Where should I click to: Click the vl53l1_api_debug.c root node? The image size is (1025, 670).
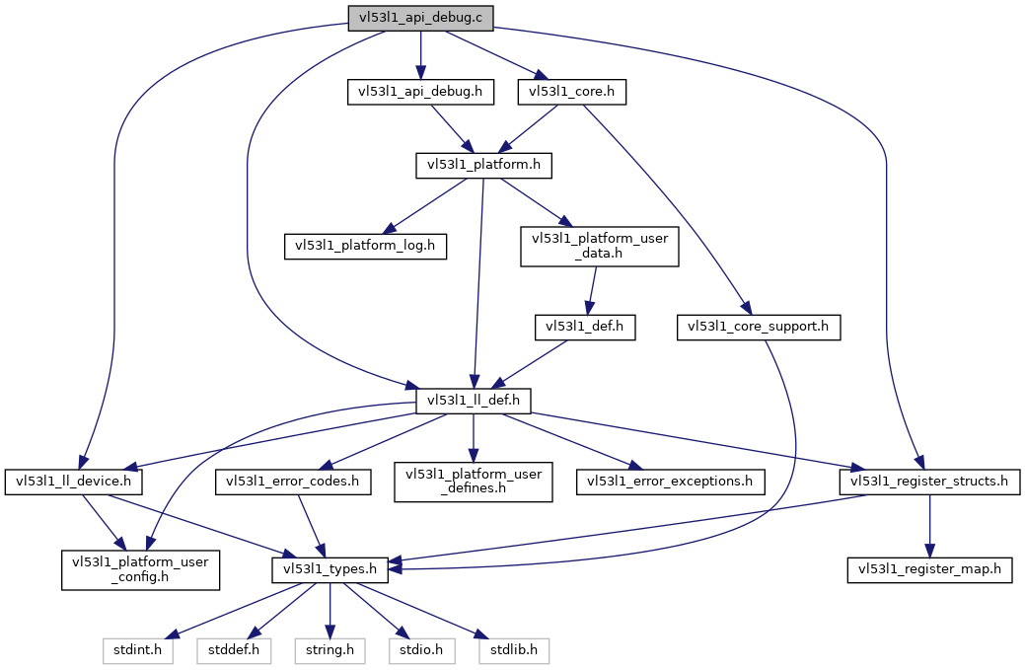(420, 18)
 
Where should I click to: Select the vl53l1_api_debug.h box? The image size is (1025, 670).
(420, 92)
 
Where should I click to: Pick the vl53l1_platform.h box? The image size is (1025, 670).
(483, 165)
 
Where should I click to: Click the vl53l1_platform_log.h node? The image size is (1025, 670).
(365, 247)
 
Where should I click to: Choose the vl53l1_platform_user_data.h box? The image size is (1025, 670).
(600, 247)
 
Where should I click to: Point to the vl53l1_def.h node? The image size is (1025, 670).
(585, 327)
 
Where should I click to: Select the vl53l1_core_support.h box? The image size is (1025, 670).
(759, 327)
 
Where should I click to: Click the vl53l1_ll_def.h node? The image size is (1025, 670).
(474, 401)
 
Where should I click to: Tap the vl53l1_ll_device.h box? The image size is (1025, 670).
(73, 483)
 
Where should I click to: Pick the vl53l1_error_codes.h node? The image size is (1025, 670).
(293, 483)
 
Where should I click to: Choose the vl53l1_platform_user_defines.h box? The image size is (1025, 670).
(474, 483)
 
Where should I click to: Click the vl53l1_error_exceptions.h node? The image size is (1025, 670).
(670, 483)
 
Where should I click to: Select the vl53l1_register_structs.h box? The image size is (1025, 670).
(929, 483)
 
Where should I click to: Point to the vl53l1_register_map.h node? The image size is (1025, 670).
(929, 570)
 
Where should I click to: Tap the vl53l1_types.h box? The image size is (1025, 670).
(330, 570)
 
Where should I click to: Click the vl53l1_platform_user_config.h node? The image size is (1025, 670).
(140, 570)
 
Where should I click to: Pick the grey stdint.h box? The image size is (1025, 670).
(138, 651)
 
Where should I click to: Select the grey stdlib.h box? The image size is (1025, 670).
(514, 651)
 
